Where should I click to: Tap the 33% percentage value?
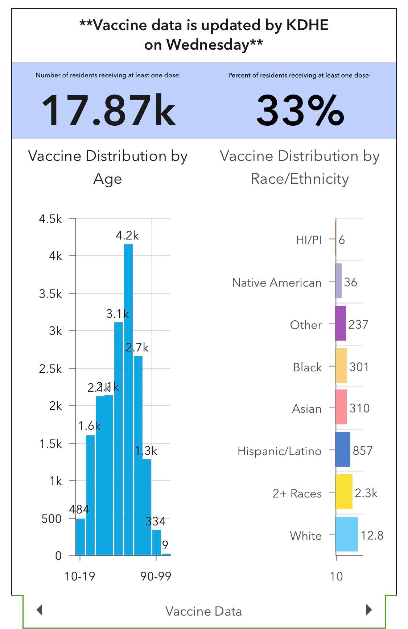(x=300, y=110)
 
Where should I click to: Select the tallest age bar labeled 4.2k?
(x=128, y=399)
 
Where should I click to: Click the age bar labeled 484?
(x=80, y=537)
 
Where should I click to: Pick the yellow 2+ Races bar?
(x=344, y=492)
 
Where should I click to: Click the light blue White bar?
(x=346, y=534)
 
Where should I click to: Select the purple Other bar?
(x=341, y=323)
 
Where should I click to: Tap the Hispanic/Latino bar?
(x=343, y=449)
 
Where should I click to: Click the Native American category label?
(x=276, y=283)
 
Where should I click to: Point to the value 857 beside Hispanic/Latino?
(x=362, y=450)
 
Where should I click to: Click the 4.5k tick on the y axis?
(x=50, y=219)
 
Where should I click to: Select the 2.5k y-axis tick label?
(x=50, y=369)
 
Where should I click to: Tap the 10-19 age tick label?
(x=80, y=576)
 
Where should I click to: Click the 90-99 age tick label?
(x=156, y=576)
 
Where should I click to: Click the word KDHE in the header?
(x=307, y=25)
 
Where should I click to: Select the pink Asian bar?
(x=341, y=407)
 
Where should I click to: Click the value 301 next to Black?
(x=359, y=367)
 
